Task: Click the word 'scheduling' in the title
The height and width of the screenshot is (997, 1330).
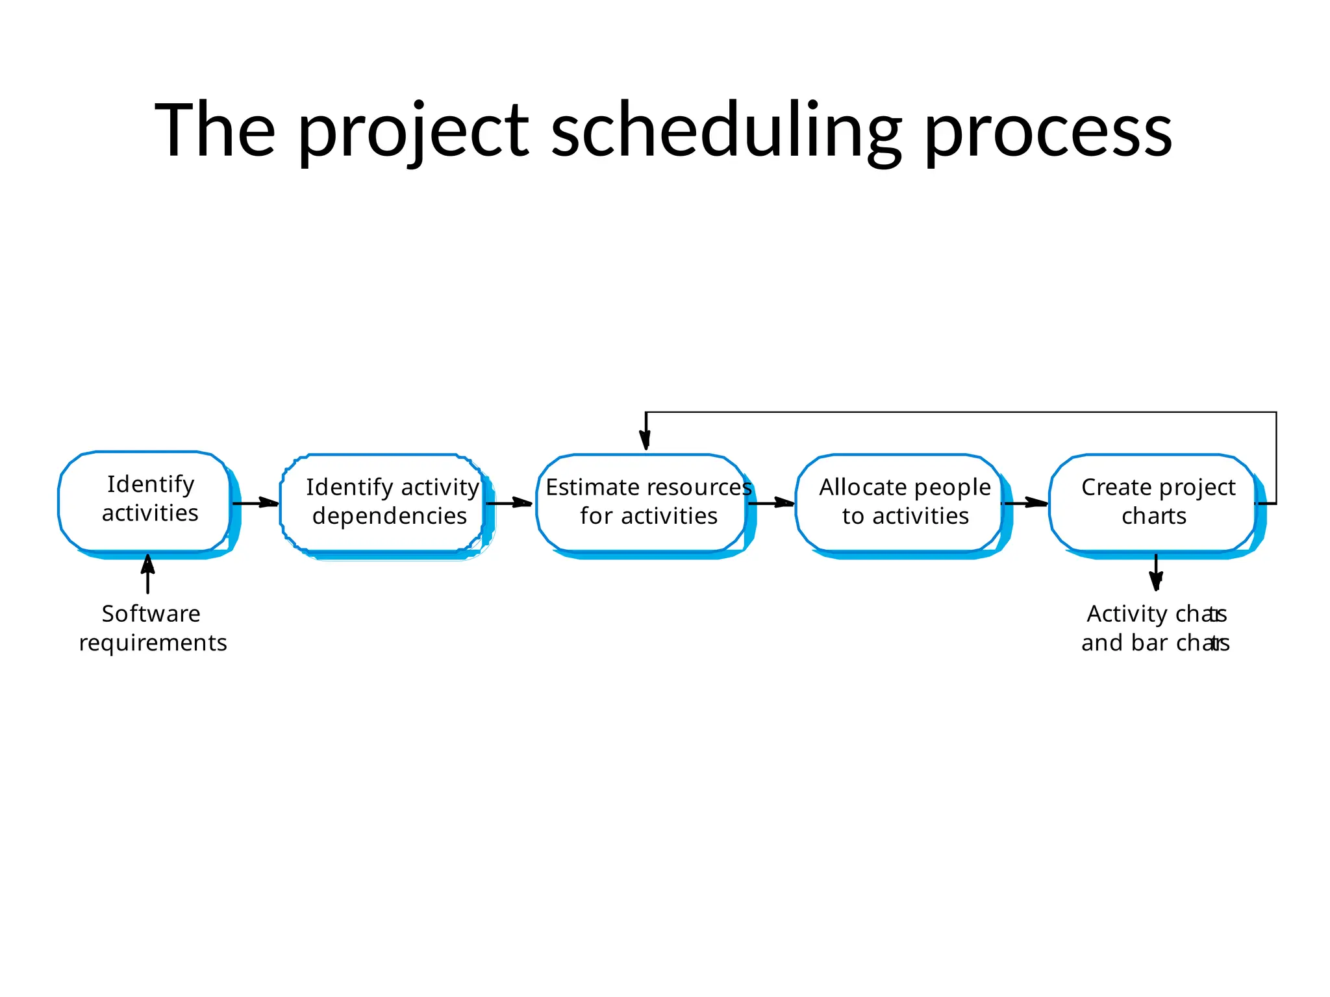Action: tap(726, 130)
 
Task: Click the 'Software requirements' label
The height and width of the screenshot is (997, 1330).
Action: tap(152, 628)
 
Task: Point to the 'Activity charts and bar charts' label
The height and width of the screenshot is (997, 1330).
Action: tap(1155, 628)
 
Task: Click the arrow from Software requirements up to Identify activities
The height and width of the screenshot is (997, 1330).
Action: tap(148, 574)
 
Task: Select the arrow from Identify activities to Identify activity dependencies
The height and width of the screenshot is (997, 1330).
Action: tap(255, 503)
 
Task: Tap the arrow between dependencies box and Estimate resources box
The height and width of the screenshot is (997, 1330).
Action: tap(509, 503)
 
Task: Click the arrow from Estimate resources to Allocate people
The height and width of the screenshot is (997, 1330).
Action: tap(771, 503)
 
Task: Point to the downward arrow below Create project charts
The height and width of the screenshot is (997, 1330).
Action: tap(1156, 572)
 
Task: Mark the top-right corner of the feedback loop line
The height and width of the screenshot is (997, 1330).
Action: tap(1276, 412)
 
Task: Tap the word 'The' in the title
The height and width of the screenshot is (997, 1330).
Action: tap(214, 130)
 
